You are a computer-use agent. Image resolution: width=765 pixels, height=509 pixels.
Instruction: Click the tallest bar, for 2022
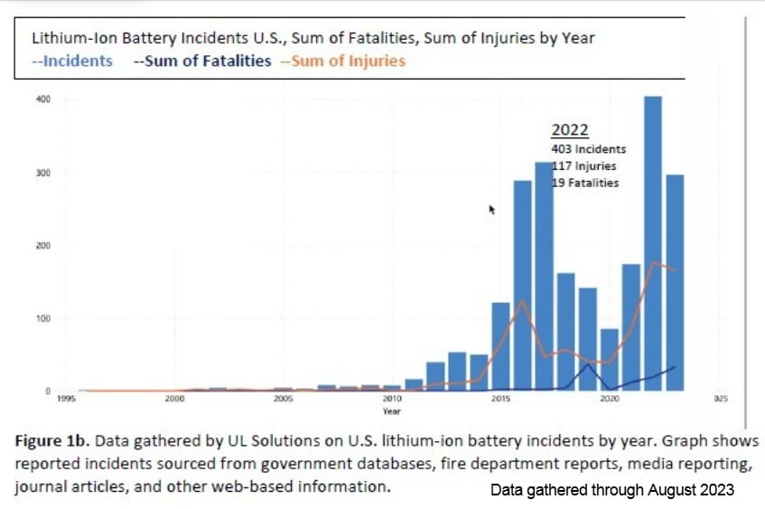(x=652, y=244)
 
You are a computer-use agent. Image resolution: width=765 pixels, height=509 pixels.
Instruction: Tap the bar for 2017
(x=544, y=277)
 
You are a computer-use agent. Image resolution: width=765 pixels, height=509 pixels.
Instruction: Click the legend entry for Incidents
(x=72, y=61)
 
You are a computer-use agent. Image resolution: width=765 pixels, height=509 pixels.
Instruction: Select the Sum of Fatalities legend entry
(x=202, y=61)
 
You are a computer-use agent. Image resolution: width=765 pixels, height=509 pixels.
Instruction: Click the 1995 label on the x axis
(x=65, y=399)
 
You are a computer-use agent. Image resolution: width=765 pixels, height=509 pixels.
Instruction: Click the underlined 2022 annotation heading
(x=570, y=130)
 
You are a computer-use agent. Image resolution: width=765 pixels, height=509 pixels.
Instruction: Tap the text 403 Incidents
(x=588, y=149)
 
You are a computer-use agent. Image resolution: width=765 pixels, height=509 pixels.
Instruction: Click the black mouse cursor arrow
(x=492, y=209)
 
